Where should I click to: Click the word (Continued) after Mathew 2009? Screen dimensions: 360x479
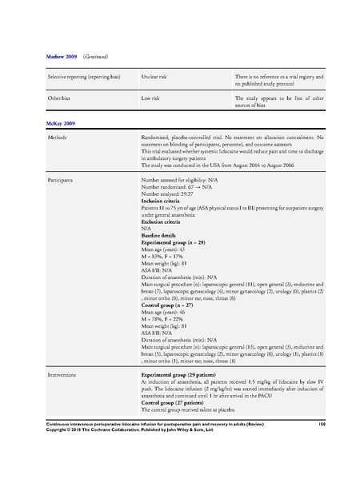(x=87, y=58)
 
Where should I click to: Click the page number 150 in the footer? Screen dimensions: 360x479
(x=322, y=443)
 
